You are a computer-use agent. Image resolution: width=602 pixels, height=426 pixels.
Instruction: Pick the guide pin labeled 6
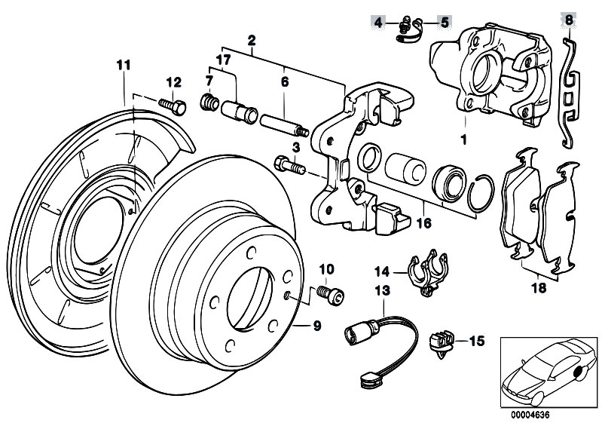point(281,120)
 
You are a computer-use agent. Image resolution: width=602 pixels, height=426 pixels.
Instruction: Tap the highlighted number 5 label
point(444,23)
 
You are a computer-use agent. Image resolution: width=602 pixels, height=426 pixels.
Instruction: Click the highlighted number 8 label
point(568,20)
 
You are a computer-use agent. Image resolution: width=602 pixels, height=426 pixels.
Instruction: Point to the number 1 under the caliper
point(464,139)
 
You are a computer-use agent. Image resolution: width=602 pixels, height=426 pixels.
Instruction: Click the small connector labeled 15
point(440,342)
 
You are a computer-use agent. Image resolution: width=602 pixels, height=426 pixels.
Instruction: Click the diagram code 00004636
point(524,414)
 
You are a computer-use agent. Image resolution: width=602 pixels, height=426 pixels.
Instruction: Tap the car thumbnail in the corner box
point(545,370)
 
